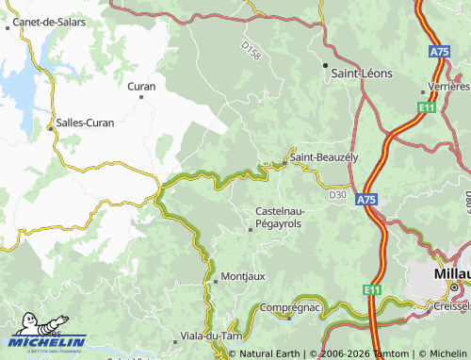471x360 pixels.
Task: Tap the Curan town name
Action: click(x=140, y=86)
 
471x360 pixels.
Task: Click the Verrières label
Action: click(x=447, y=86)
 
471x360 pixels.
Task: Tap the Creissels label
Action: click(x=452, y=306)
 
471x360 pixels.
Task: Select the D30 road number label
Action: click(x=338, y=195)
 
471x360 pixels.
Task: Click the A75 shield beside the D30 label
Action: click(x=367, y=200)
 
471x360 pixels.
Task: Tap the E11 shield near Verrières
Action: click(x=426, y=108)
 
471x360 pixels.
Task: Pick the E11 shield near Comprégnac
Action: click(x=374, y=289)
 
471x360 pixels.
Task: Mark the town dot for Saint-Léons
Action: click(x=325, y=66)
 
